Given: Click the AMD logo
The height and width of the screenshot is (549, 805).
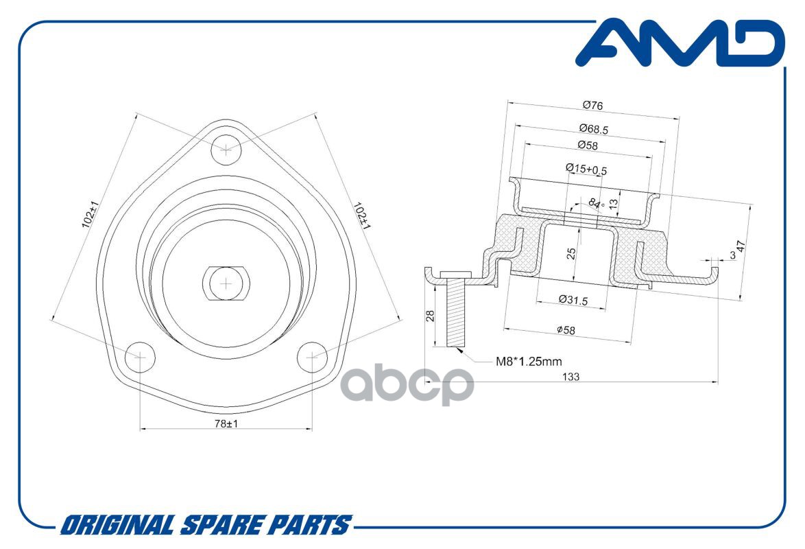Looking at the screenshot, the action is (x=681, y=43).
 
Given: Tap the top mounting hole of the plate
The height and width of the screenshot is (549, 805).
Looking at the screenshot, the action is (x=226, y=150).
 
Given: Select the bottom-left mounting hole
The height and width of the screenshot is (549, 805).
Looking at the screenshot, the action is (x=140, y=357).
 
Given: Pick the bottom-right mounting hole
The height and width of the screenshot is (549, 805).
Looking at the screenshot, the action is (x=313, y=355).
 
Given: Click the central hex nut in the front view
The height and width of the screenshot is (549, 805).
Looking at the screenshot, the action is (x=226, y=283).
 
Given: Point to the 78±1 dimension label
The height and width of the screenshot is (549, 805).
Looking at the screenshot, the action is (x=226, y=423).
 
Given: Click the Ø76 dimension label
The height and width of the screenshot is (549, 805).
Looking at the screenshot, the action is (x=593, y=106).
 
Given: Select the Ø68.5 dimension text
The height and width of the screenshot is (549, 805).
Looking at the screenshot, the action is (x=594, y=129).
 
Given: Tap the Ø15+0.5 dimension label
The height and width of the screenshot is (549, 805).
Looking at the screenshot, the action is (x=586, y=169).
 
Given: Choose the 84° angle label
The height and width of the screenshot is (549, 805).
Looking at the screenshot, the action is (x=596, y=204).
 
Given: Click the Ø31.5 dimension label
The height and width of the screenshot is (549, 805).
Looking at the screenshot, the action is (x=573, y=300).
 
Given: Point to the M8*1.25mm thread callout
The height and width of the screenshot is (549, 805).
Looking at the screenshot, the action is (x=528, y=362).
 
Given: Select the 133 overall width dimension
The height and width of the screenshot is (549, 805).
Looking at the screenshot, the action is (x=571, y=377).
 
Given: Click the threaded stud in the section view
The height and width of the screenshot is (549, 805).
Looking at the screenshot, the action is (x=455, y=312).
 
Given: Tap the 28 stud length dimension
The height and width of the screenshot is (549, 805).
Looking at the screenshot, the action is (x=431, y=315).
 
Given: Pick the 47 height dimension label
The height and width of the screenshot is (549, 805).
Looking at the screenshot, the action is (x=741, y=246).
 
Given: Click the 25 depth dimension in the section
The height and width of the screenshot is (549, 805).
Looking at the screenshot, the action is (x=571, y=253).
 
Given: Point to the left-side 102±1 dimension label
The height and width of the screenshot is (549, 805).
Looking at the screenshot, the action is (x=90, y=214).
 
